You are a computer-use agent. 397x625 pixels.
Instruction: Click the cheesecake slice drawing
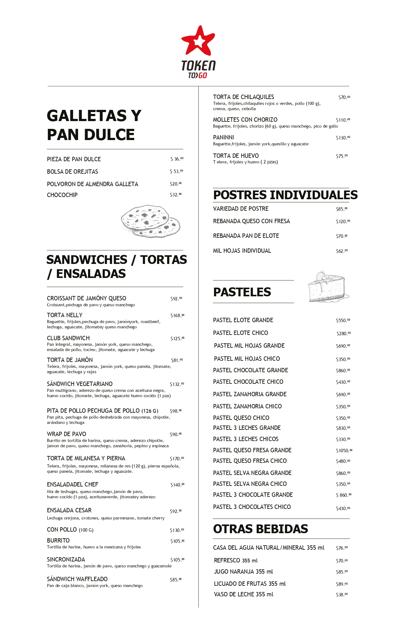point(328,287)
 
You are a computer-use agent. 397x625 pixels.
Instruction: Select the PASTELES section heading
point(242,292)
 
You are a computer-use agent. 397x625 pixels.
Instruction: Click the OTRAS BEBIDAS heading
point(260,529)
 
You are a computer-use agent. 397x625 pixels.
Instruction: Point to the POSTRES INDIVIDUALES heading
point(285,195)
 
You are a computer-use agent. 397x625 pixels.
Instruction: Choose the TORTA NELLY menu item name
point(65,315)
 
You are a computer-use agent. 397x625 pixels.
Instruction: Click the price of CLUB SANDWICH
point(177,338)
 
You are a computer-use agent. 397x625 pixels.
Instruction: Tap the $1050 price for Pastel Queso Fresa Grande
point(344,450)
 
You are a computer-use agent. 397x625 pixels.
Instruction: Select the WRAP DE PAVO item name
point(67,434)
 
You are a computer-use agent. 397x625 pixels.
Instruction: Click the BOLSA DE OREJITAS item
point(72,172)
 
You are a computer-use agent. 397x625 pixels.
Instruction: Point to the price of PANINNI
point(343,138)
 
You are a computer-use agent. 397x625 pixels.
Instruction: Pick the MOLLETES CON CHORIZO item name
point(245,120)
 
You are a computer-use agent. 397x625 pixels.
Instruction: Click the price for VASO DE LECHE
point(342,595)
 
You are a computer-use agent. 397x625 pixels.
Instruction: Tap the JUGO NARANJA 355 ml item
point(243,572)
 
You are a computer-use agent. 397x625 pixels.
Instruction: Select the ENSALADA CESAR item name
point(69,510)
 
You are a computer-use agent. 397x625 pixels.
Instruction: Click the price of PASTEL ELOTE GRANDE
point(343,321)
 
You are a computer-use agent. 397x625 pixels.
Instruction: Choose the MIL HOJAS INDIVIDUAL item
point(242,251)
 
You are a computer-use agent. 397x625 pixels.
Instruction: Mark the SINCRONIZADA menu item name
point(66,560)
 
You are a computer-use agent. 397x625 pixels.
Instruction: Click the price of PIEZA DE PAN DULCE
point(177,159)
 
